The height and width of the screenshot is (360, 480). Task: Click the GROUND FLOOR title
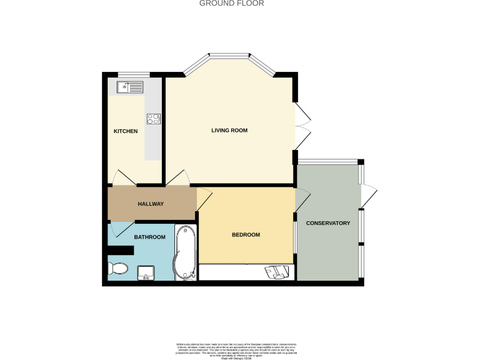231,3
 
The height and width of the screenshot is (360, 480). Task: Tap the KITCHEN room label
125,131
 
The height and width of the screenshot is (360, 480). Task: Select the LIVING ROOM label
229,131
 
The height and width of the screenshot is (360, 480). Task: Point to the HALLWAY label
151,204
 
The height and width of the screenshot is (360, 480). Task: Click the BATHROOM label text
150,237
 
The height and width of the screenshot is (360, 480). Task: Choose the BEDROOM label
246,235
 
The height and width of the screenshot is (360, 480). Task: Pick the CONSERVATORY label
327,223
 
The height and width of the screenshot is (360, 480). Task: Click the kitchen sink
129,87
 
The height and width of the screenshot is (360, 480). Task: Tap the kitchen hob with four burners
154,118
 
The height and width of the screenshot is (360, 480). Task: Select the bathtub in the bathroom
186,253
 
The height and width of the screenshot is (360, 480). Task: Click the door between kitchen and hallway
124,177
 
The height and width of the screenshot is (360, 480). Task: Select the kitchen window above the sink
130,75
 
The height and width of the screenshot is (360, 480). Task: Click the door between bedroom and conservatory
301,201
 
